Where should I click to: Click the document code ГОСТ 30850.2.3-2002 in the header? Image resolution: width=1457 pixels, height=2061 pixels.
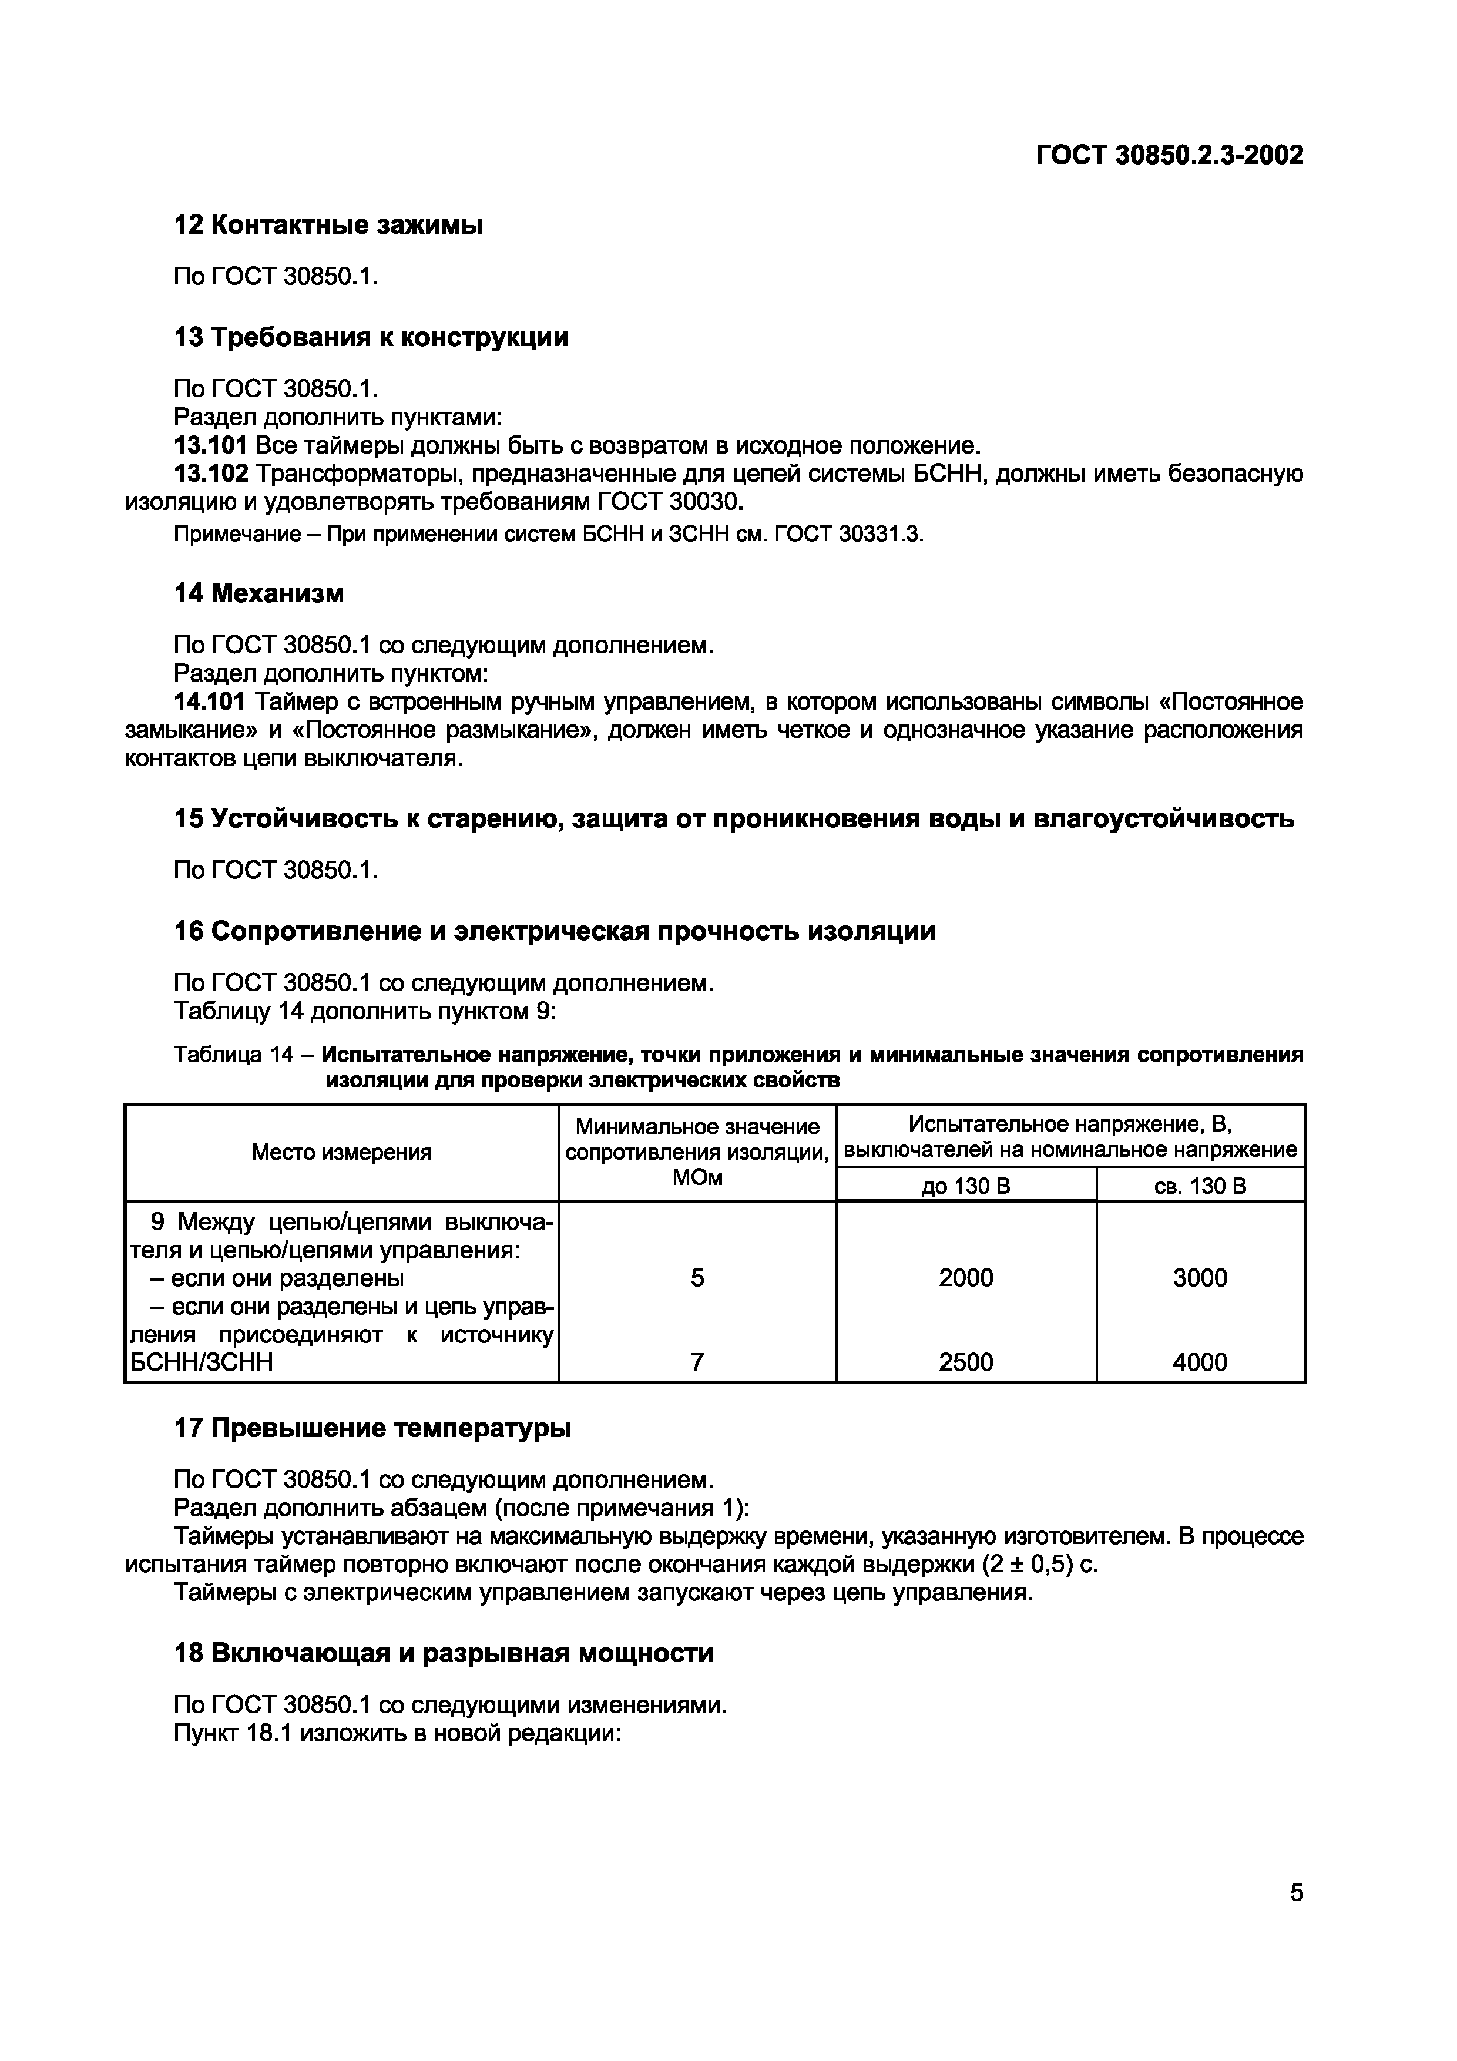pos(1169,155)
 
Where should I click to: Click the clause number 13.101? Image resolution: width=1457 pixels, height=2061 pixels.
pos(210,445)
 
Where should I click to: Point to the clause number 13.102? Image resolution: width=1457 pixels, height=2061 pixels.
pos(210,473)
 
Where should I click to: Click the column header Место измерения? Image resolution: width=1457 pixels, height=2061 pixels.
pos(341,1152)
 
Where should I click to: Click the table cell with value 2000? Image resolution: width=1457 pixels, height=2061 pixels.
pos(966,1277)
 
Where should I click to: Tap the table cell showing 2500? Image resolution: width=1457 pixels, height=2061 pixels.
pos(966,1362)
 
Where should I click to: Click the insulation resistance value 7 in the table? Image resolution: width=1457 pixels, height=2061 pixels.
pos(697,1362)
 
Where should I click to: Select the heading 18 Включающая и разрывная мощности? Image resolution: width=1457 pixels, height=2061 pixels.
pos(444,1653)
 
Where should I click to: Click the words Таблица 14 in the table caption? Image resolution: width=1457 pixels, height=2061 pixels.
pos(233,1054)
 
